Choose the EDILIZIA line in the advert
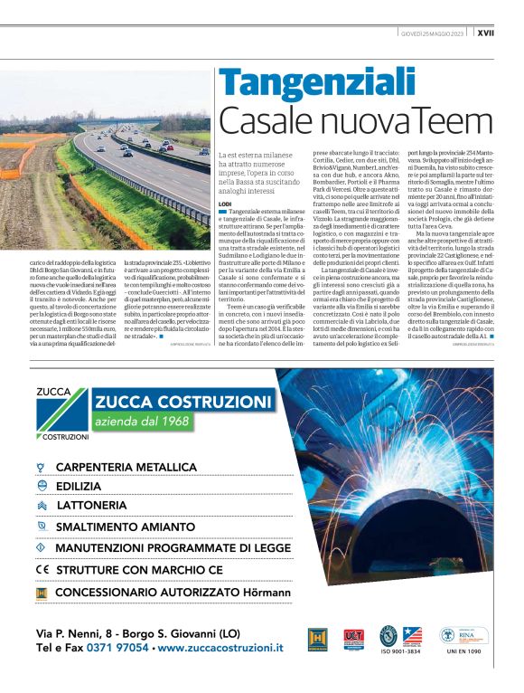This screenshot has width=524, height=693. pyautogui.click(x=79, y=486)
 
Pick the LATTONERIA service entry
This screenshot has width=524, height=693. pyautogui.click(x=91, y=505)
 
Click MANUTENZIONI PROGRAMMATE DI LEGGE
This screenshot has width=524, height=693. pyautogui.click(x=161, y=547)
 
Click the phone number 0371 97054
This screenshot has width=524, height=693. pyautogui.click(x=118, y=648)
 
